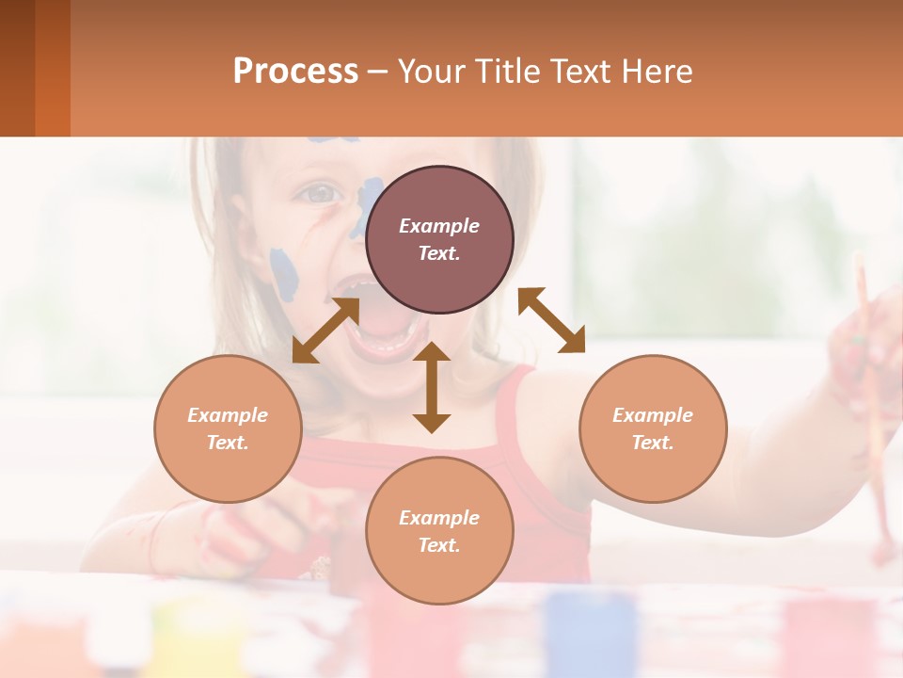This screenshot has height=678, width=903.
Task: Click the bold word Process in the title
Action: click(295, 72)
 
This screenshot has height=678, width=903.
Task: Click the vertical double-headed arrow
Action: click(432, 387)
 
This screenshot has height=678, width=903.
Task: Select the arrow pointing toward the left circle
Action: click(325, 331)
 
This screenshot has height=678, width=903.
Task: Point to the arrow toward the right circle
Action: click(551, 320)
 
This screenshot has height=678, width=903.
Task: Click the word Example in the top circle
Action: click(439, 226)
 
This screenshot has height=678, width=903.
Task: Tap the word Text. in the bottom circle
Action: click(439, 545)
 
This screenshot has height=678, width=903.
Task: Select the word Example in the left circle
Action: click(228, 415)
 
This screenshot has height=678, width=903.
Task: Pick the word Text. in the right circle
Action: click(653, 443)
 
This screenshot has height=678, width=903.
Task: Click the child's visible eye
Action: click(321, 194)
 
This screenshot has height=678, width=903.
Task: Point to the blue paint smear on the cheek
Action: click(283, 273)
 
